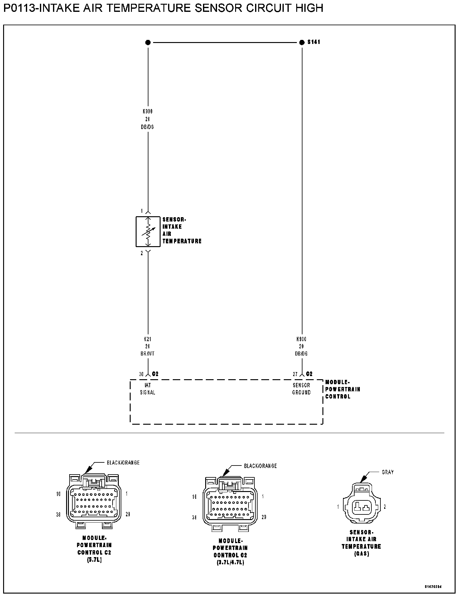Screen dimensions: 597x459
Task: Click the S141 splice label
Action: point(314,42)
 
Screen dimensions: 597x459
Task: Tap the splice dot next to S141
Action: point(302,42)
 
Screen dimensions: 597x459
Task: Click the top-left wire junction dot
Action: point(148,42)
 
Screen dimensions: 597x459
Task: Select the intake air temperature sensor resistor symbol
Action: point(148,232)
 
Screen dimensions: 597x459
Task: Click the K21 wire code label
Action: point(147,339)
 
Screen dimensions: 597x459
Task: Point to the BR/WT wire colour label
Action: point(147,354)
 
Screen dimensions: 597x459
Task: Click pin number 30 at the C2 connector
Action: point(141,374)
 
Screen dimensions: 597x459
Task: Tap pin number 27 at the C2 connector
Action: point(295,374)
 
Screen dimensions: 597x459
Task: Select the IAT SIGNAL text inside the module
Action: point(147,389)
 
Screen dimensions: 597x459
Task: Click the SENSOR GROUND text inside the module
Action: point(301,389)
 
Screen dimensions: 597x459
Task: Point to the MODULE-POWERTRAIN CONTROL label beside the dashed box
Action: point(342,389)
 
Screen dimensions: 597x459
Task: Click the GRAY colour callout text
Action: point(388,472)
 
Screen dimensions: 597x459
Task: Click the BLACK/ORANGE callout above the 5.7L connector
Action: point(123,463)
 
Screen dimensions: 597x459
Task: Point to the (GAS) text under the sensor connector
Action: point(361,554)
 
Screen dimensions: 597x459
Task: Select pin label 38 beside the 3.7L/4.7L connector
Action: point(194,517)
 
